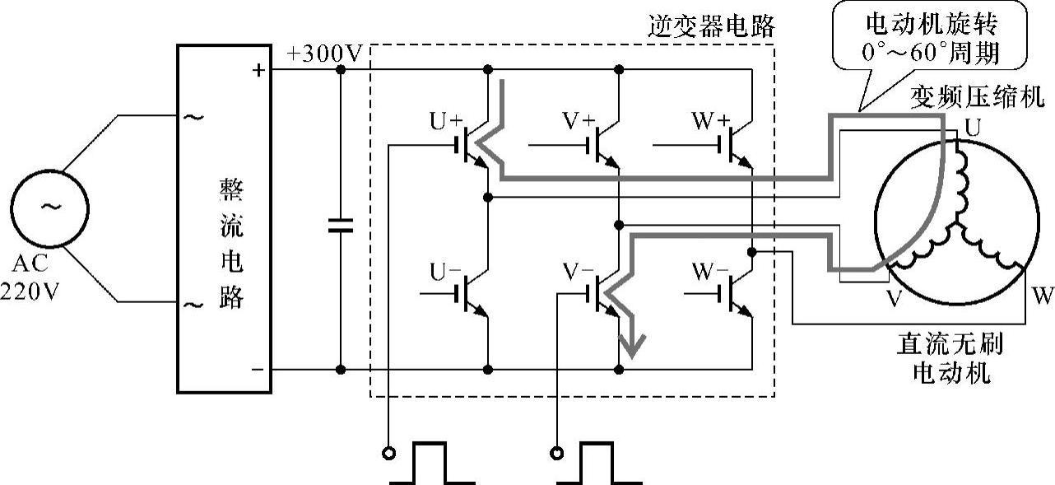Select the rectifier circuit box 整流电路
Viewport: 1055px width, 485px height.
click(224, 219)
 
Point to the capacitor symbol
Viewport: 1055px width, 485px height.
click(340, 226)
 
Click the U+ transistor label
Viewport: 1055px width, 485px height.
click(447, 121)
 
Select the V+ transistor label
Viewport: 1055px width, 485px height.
click(579, 121)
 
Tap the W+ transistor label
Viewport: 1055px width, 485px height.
click(712, 121)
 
